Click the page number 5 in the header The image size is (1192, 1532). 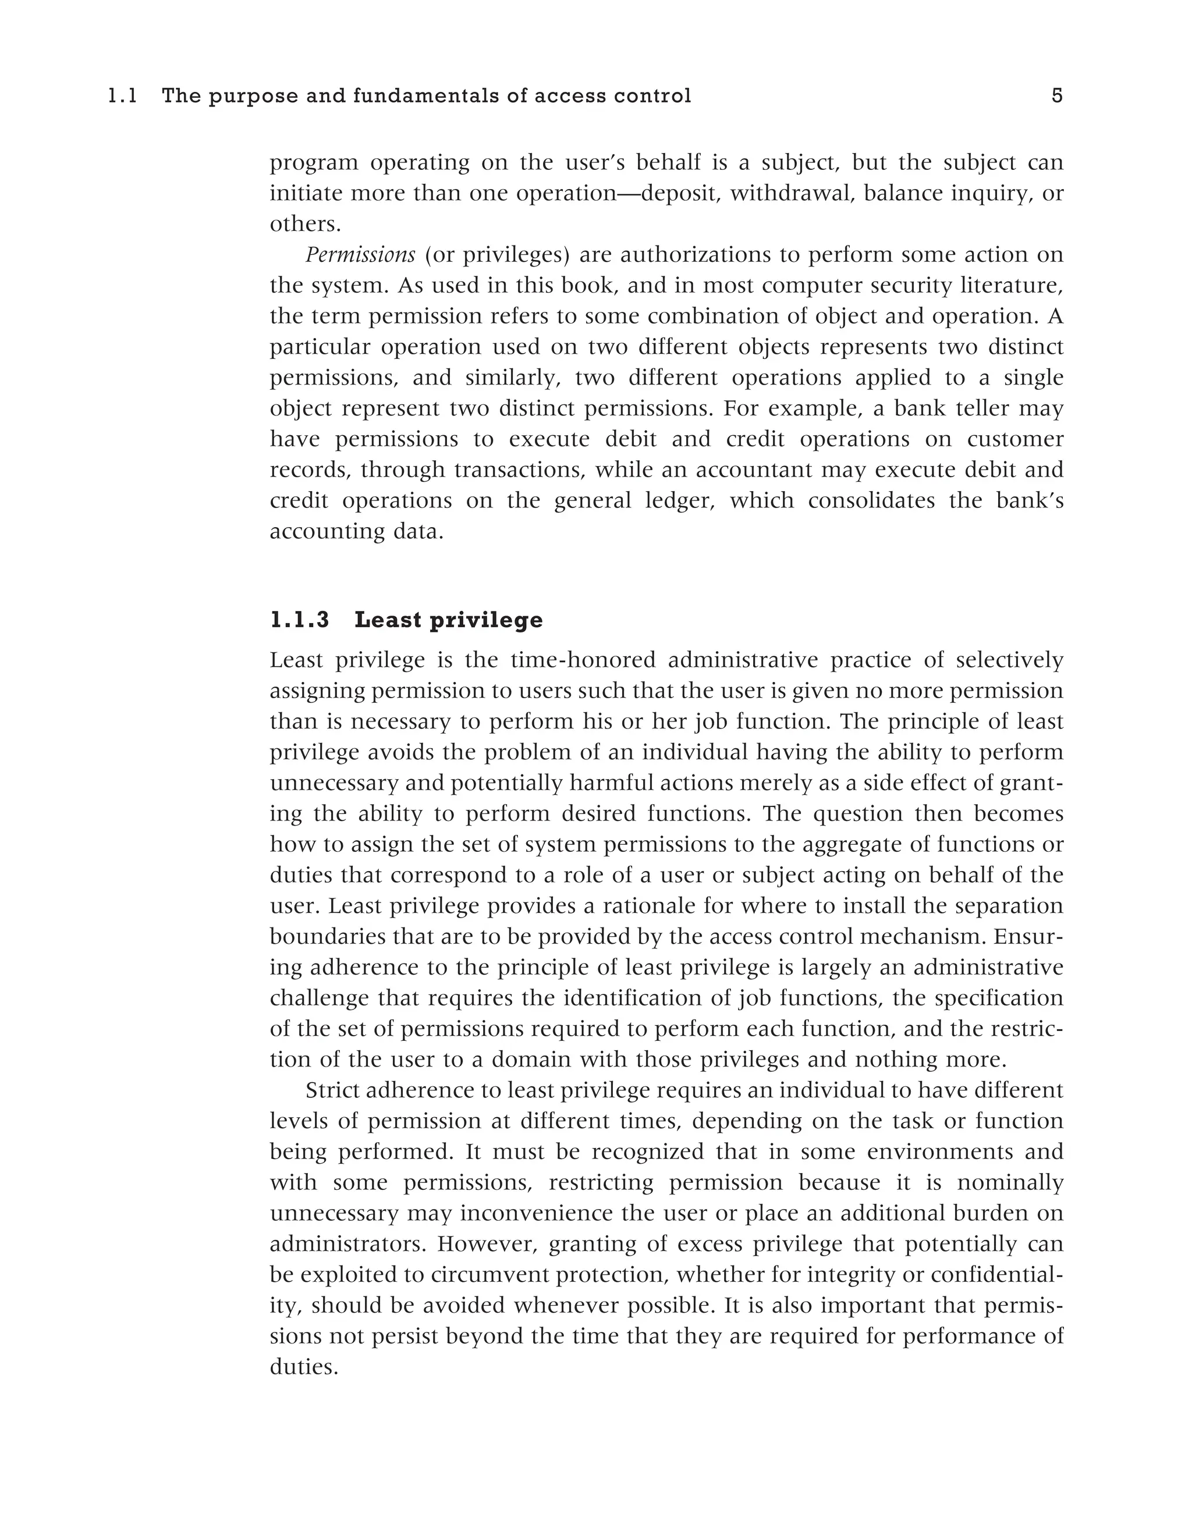[1056, 95]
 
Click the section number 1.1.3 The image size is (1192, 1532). [300, 620]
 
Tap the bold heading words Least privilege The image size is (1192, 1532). [448, 620]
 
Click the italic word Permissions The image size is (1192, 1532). [360, 255]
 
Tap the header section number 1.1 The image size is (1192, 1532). [123, 95]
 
